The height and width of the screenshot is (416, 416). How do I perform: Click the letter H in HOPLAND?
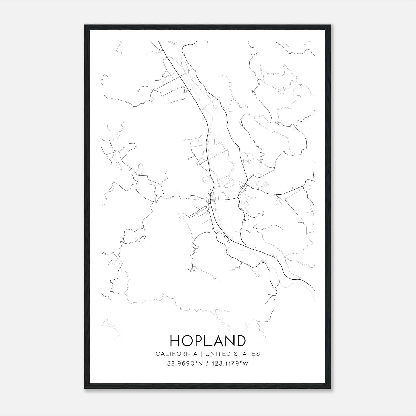[175, 341]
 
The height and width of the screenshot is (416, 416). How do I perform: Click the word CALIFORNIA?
[176, 354]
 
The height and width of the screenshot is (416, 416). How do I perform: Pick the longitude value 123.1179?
[224, 363]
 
